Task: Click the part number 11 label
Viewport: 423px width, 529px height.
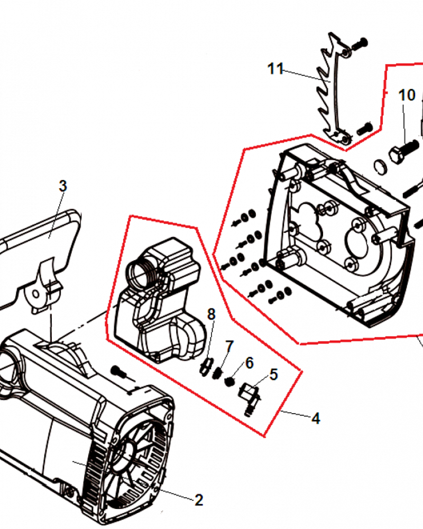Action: pyautogui.click(x=275, y=69)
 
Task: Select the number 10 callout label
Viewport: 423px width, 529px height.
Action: pyautogui.click(x=407, y=95)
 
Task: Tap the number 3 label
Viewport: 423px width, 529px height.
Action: pyautogui.click(x=63, y=186)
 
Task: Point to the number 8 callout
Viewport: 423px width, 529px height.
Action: pyautogui.click(x=211, y=314)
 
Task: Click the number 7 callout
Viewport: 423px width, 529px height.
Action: pyautogui.click(x=229, y=346)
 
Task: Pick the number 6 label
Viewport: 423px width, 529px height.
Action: pyautogui.click(x=249, y=363)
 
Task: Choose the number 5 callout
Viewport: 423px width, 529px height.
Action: pyautogui.click(x=273, y=375)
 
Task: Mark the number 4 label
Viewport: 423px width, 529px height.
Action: pyautogui.click(x=316, y=418)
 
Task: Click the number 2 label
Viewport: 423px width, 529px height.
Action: pyautogui.click(x=199, y=500)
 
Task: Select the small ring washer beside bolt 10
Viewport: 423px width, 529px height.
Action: pyautogui.click(x=381, y=167)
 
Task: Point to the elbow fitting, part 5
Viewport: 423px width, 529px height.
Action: pyautogui.click(x=250, y=397)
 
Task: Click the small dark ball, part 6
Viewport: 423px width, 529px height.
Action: pyautogui.click(x=230, y=381)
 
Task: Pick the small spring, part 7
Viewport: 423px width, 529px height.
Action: pyautogui.click(x=218, y=373)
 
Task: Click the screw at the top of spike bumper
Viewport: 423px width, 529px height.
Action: pyautogui.click(x=360, y=43)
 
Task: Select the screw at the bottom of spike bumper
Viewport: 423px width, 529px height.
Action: pyautogui.click(x=364, y=129)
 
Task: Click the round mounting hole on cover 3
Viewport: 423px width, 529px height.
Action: pyautogui.click(x=36, y=295)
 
